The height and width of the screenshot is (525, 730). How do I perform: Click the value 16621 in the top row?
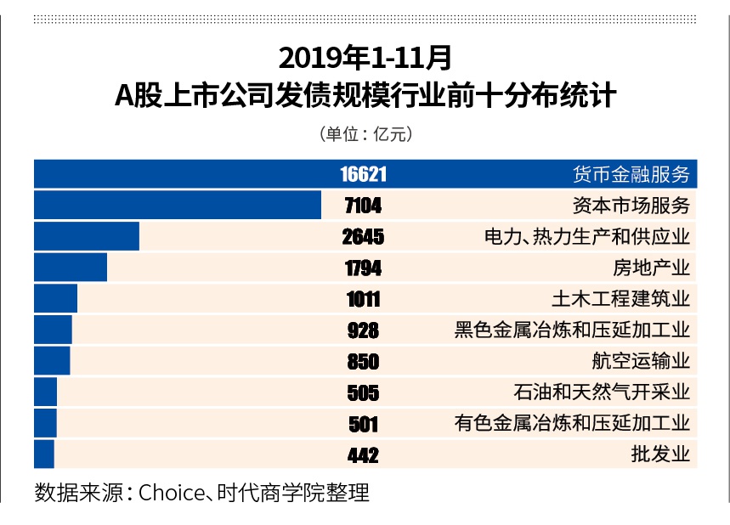coord(363,174)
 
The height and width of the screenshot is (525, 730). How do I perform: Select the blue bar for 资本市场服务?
coord(178,206)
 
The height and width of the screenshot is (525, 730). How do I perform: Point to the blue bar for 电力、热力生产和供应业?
coord(87,236)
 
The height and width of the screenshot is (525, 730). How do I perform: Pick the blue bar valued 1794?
coord(71,268)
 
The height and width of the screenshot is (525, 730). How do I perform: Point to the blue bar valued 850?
coord(52,361)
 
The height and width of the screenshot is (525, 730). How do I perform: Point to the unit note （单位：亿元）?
coord(365,133)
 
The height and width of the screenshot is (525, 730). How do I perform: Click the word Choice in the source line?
coord(168,493)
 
